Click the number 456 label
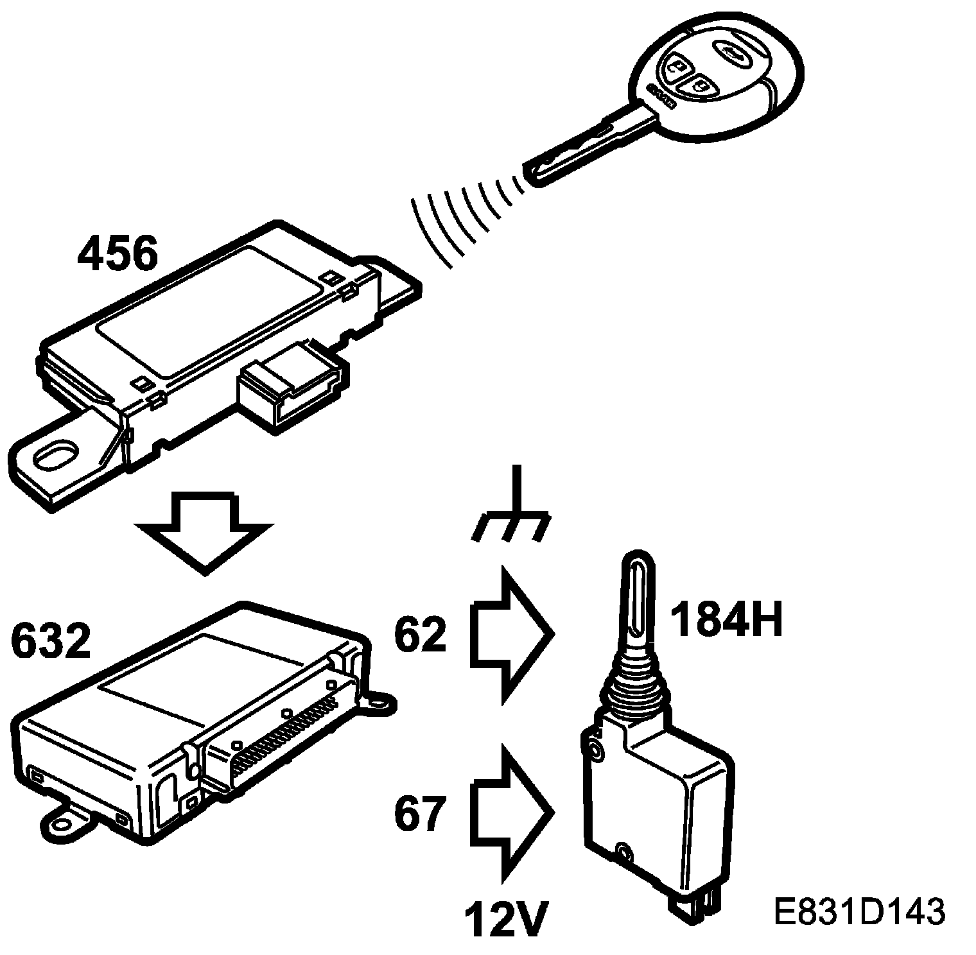(x=117, y=255)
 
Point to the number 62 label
(x=421, y=634)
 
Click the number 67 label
(x=421, y=814)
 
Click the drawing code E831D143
(x=859, y=911)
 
